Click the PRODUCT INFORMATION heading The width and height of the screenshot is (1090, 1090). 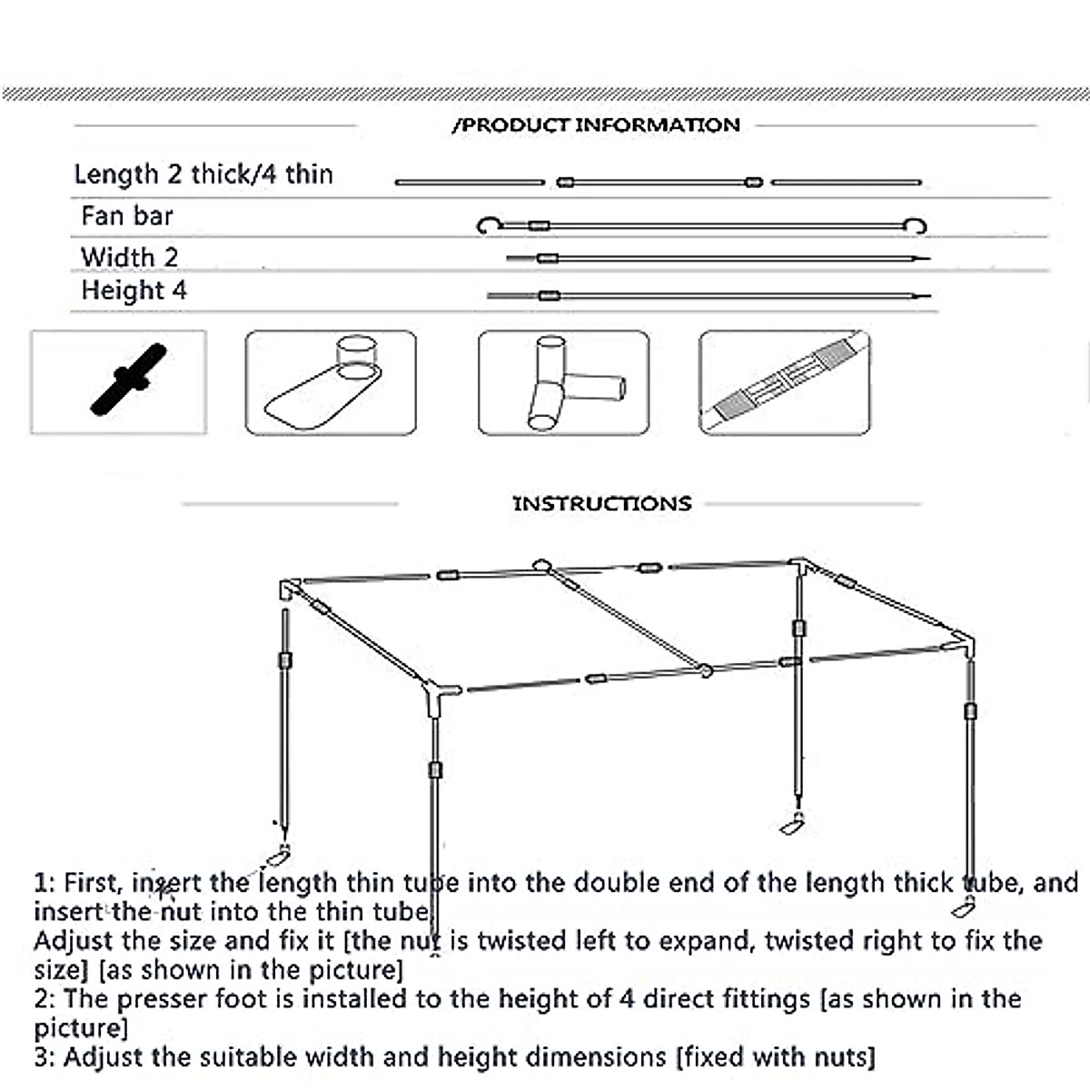(x=596, y=125)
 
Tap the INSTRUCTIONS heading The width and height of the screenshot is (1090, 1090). (x=602, y=504)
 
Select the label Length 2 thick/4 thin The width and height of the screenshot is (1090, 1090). (x=203, y=174)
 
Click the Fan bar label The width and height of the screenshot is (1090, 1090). (x=126, y=216)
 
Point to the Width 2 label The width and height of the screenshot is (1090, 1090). (x=129, y=257)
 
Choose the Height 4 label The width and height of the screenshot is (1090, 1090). (x=134, y=291)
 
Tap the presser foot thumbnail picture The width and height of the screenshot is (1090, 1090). (x=331, y=383)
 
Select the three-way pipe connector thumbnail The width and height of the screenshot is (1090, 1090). (x=563, y=383)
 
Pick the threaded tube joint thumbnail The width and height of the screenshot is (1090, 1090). (x=784, y=383)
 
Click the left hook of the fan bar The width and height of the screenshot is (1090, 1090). (x=488, y=224)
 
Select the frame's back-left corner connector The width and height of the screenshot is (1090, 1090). (x=290, y=589)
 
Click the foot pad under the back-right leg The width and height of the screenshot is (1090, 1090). (x=793, y=826)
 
